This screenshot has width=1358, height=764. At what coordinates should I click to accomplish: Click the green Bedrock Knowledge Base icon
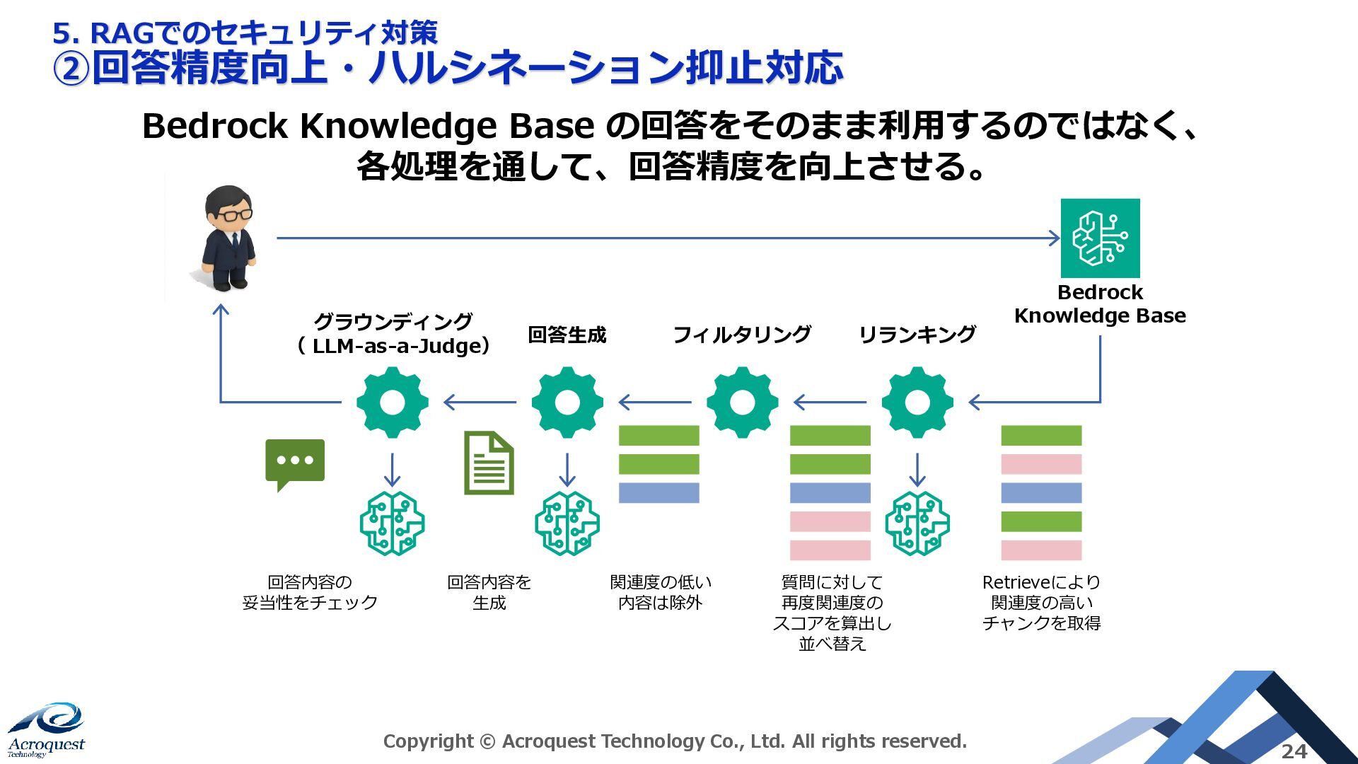tap(1100, 238)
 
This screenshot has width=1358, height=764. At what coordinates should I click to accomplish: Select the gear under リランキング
tap(917, 403)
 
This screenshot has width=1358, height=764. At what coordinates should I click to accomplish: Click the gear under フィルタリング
tap(743, 403)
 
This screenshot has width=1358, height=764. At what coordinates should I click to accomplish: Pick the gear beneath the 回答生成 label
tap(567, 403)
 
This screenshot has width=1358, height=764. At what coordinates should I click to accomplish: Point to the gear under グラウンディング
tap(393, 403)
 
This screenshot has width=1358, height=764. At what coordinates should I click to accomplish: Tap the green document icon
tap(489, 463)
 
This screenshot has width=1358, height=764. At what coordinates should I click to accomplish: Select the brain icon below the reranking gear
tap(917, 523)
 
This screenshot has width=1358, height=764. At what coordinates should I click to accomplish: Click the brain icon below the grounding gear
tap(393, 523)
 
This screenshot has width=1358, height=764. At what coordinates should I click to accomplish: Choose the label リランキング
tap(917, 335)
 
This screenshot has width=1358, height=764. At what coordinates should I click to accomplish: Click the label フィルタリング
tap(742, 335)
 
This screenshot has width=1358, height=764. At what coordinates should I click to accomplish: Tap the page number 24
tap(1294, 751)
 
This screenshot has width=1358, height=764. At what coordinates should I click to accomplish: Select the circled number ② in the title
tap(71, 69)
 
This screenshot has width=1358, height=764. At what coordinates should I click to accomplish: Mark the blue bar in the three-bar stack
tap(658, 492)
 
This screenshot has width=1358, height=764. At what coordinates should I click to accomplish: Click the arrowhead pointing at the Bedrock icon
tap(1054, 238)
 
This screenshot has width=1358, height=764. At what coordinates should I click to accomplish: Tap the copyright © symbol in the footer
tap(487, 741)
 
